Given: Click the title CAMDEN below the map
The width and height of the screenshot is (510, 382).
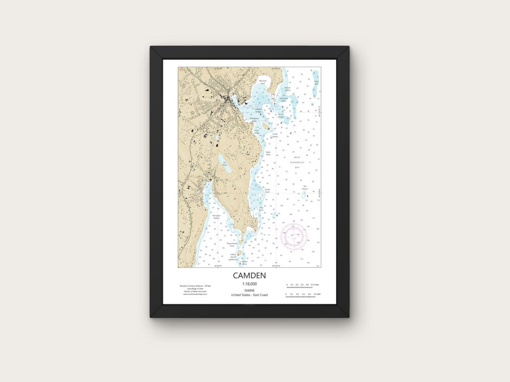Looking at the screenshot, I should (x=249, y=275).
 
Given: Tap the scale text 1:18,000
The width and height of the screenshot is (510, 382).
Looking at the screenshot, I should (x=249, y=284).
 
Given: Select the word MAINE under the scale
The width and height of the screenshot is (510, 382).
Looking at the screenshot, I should (x=249, y=290).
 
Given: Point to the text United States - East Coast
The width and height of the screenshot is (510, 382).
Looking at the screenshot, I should (x=249, y=295).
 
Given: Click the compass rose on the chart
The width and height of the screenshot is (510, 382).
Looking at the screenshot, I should (x=294, y=235).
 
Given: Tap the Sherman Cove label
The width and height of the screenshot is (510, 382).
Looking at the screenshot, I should (x=263, y=82).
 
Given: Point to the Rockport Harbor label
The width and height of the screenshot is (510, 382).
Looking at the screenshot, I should (x=204, y=217).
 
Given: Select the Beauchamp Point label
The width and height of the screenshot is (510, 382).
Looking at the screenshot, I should (x=231, y=245).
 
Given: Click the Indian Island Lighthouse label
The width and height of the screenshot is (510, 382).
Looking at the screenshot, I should (x=233, y=257).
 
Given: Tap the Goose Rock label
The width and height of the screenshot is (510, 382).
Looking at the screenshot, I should (x=267, y=191).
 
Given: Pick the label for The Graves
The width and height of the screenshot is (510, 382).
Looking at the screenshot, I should (x=305, y=187).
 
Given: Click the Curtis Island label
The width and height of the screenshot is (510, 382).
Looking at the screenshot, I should (x=275, y=134).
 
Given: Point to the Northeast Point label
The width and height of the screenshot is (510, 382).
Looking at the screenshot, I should (x=283, y=100).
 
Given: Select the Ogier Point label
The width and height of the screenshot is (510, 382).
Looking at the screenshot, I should (x=268, y=153).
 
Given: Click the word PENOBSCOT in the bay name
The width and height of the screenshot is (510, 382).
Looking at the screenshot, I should (x=297, y=162).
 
